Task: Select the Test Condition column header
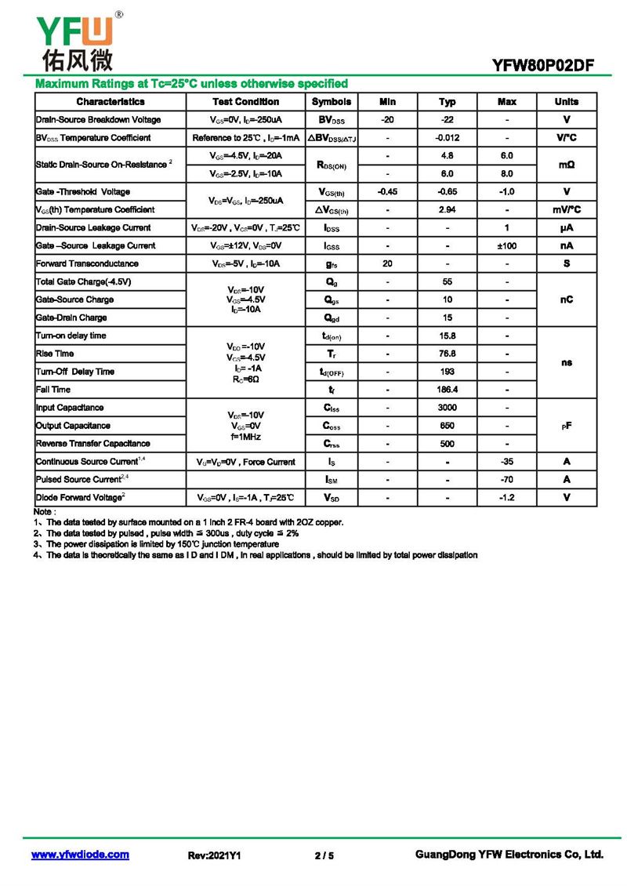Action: [x=245, y=102]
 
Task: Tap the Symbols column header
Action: [x=332, y=102]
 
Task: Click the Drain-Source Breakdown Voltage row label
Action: [x=99, y=120]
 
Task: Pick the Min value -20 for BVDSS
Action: [x=387, y=120]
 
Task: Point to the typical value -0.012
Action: [x=447, y=138]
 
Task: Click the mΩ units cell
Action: [x=567, y=165]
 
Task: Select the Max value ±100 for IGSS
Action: [x=507, y=245]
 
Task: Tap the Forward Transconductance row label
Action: [x=87, y=263]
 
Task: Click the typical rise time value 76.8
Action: [x=447, y=354]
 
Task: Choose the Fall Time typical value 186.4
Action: [x=447, y=390]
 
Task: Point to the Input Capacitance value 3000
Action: [x=447, y=408]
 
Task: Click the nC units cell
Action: [x=567, y=300]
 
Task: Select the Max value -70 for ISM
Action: [x=507, y=479]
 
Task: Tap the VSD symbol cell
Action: [x=332, y=498]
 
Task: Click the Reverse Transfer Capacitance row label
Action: [x=93, y=444]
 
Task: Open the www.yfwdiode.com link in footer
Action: [x=80, y=855]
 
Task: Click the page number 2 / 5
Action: [x=324, y=855]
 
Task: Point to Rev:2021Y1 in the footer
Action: [x=214, y=855]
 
